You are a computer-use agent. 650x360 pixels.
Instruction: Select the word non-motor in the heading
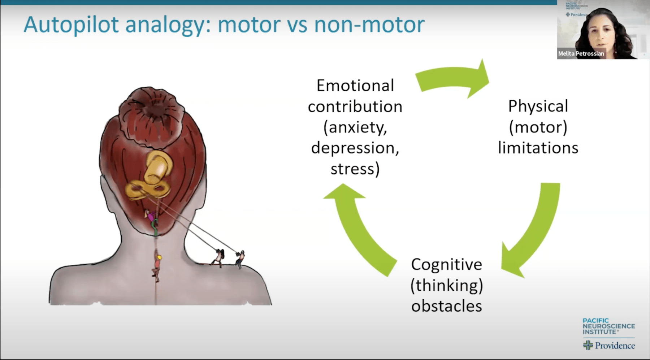pos(369,25)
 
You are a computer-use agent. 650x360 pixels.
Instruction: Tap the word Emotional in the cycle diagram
pos(355,86)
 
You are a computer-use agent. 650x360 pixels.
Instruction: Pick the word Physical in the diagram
pos(538,107)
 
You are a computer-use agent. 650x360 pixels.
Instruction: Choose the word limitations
pos(538,148)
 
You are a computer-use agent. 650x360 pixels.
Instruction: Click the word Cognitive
pos(447,265)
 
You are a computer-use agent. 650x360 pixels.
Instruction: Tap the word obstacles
pos(447,306)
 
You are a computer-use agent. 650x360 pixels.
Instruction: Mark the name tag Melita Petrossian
pos(581,53)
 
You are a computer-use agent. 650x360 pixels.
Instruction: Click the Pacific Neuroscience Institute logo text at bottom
pos(608,326)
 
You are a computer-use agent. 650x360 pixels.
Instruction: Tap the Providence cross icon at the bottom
pos(588,345)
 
